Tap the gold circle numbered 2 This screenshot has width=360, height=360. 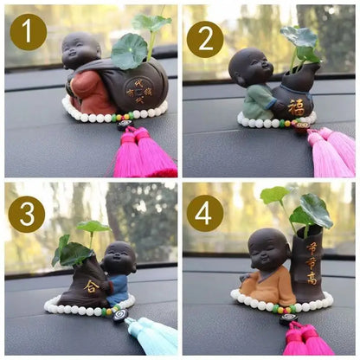tap(205, 39)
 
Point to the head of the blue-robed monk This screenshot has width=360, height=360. tap(119, 258)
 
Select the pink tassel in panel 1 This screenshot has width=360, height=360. tap(138, 157)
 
